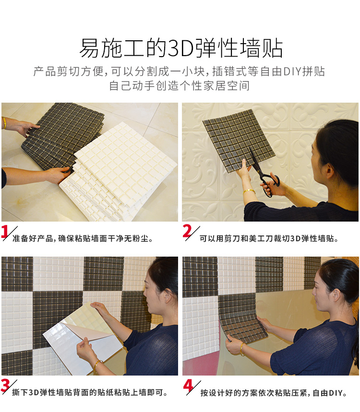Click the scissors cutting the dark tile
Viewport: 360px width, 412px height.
[x=263, y=174]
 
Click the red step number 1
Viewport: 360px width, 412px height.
[x=5, y=232]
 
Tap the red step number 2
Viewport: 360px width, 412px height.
[x=187, y=231]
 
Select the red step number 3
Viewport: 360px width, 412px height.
[x=5, y=386]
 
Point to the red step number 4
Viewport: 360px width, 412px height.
[x=188, y=386]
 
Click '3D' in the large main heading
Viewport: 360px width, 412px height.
[x=181, y=48]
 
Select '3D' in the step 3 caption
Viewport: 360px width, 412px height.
[x=34, y=392]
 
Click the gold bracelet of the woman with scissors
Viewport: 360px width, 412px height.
[x=249, y=191]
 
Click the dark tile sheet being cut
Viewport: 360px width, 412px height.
[x=239, y=141]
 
